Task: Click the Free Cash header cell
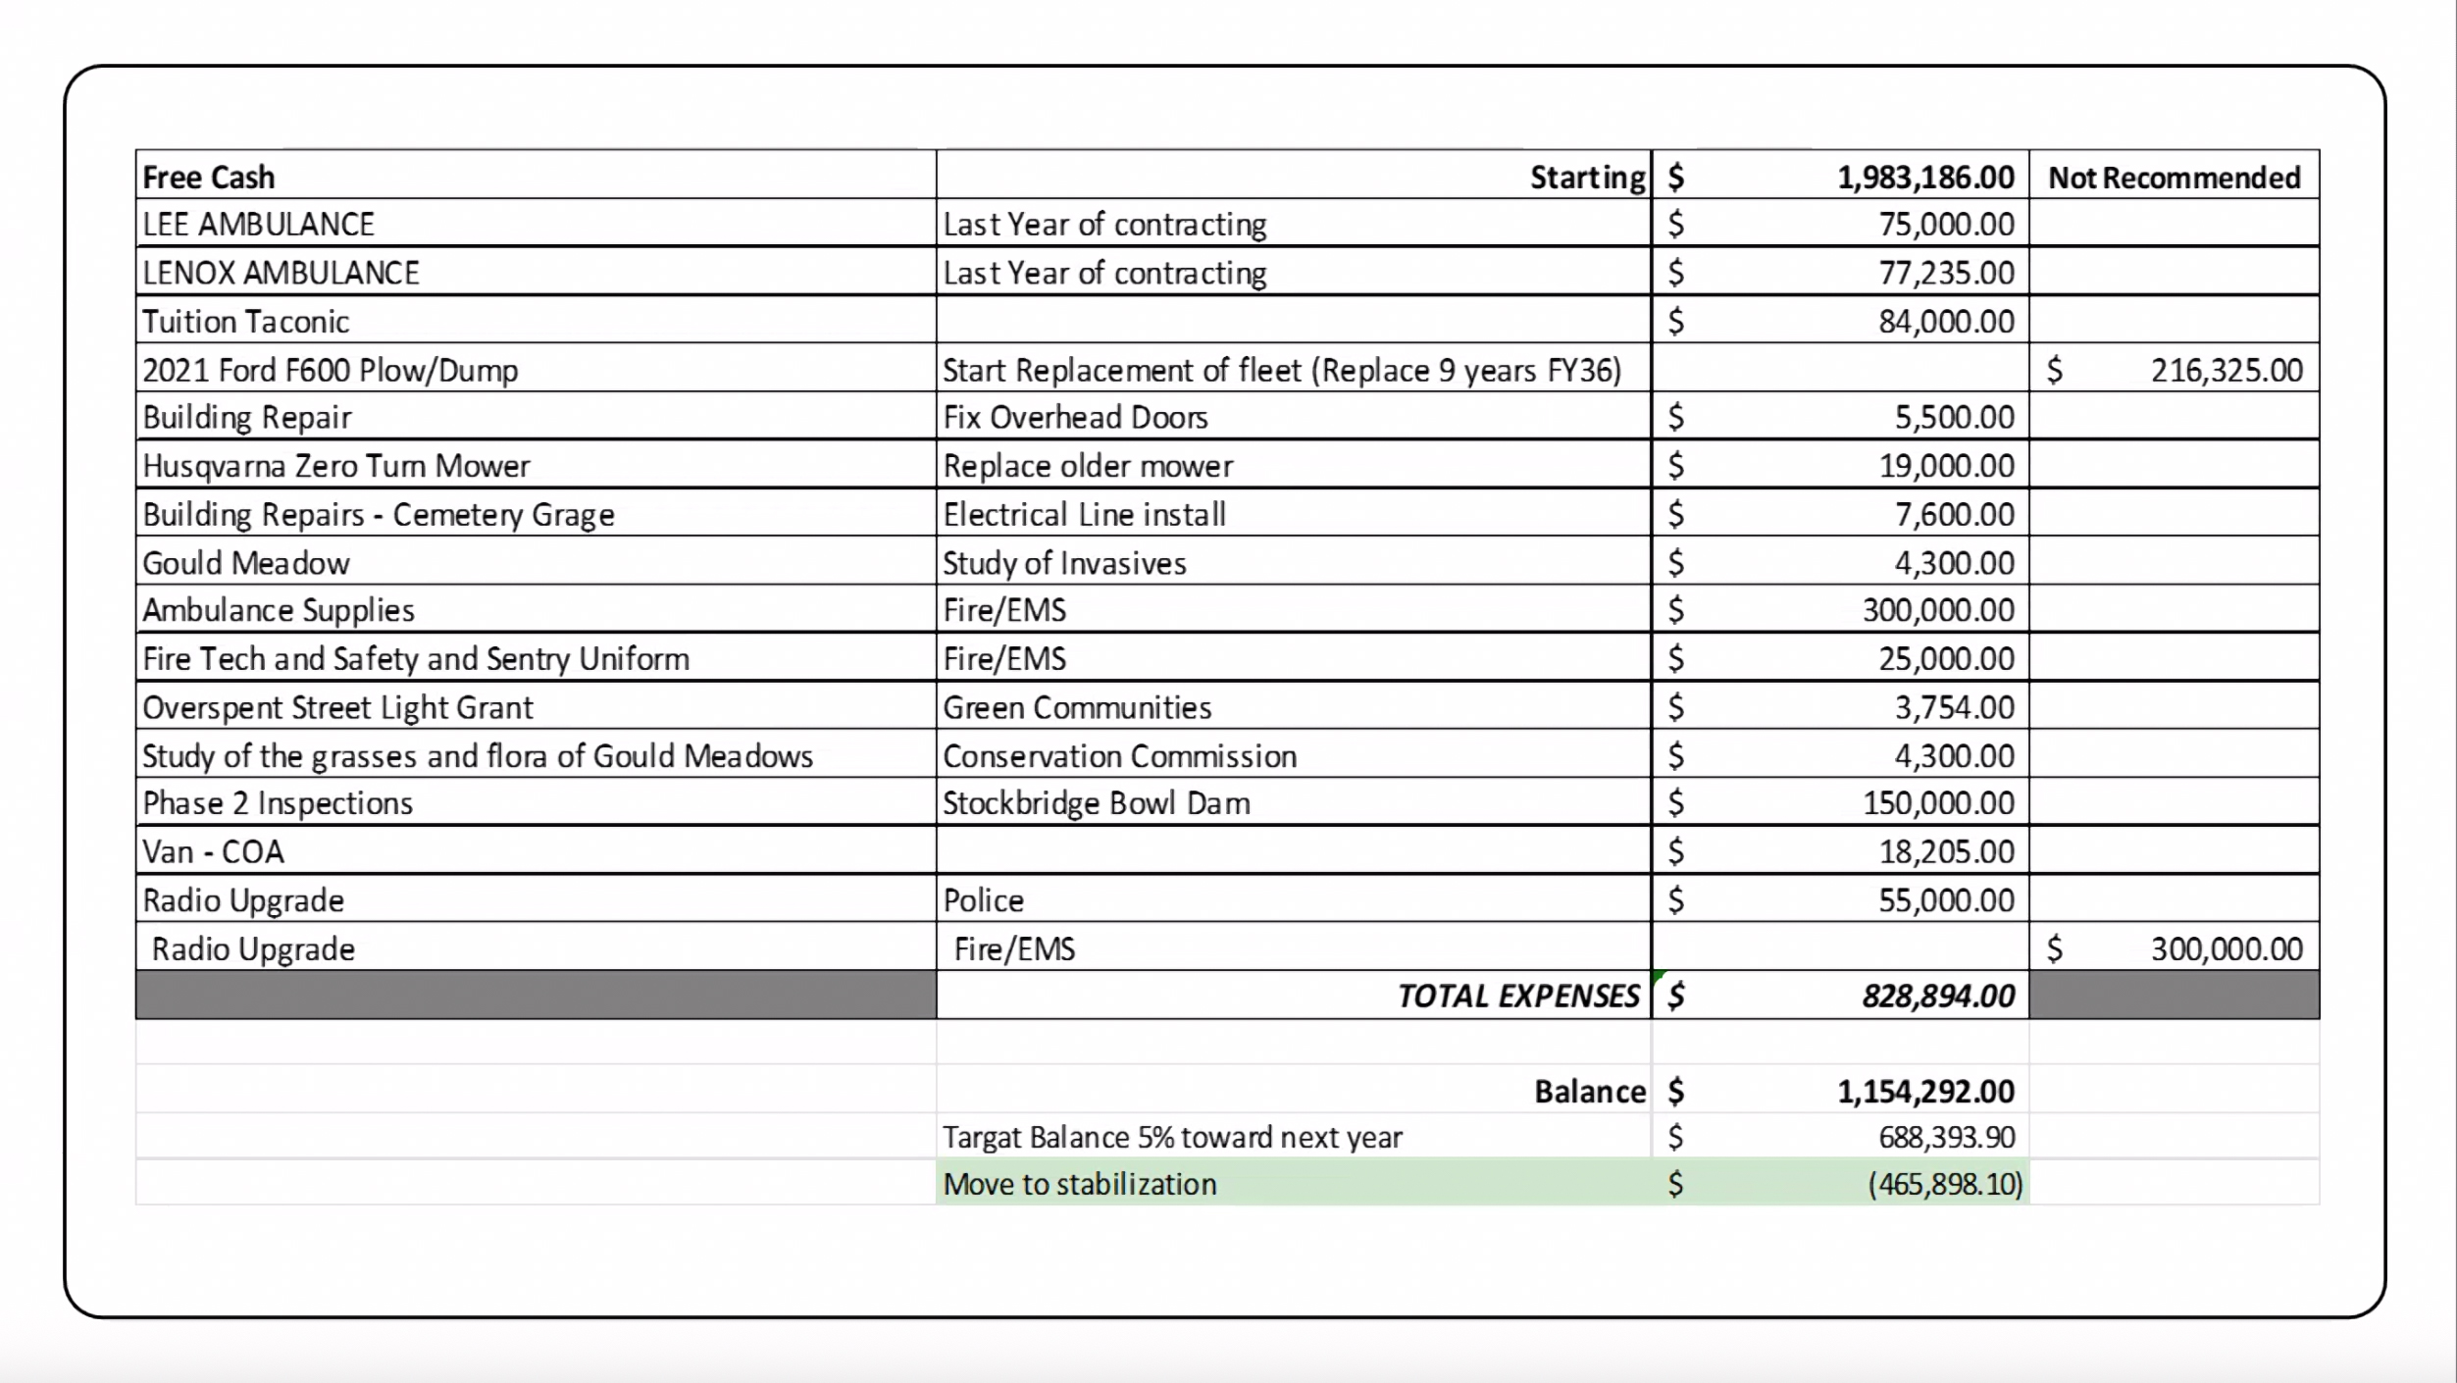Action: (x=209, y=178)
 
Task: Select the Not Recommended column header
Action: (x=2174, y=178)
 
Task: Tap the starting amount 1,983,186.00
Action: (x=1924, y=178)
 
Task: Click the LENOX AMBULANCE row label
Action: (x=281, y=273)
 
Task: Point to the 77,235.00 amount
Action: (x=1946, y=273)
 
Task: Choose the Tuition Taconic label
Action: (x=245, y=322)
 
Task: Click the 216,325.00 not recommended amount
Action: (x=2226, y=370)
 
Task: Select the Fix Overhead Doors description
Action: (x=1075, y=418)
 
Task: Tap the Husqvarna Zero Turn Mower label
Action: (x=335, y=466)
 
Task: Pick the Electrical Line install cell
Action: (x=1084, y=514)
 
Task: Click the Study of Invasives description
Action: (x=1064, y=563)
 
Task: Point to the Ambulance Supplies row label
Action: (x=279, y=610)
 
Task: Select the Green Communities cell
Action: (x=1077, y=707)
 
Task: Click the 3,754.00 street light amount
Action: (x=1954, y=707)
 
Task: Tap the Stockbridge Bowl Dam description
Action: (x=1096, y=803)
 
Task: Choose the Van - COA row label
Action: (x=213, y=851)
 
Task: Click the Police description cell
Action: (x=983, y=900)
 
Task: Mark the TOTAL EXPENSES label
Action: (x=1517, y=996)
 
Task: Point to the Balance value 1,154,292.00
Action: (x=1924, y=1091)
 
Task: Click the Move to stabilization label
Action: (x=1079, y=1184)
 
